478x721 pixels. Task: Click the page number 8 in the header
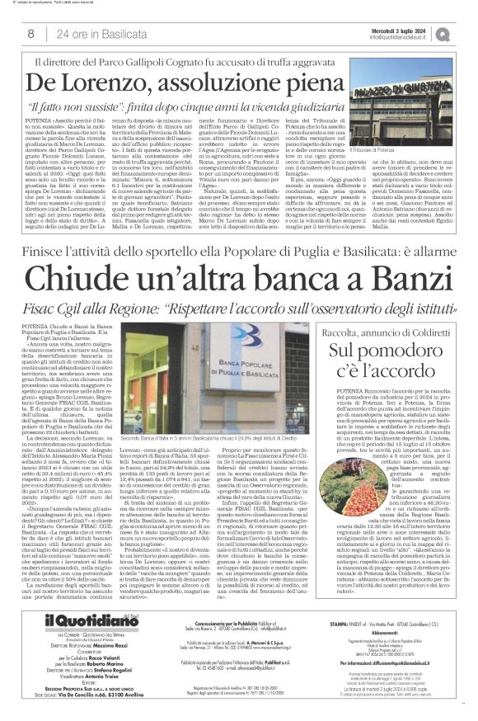tap(30, 34)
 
